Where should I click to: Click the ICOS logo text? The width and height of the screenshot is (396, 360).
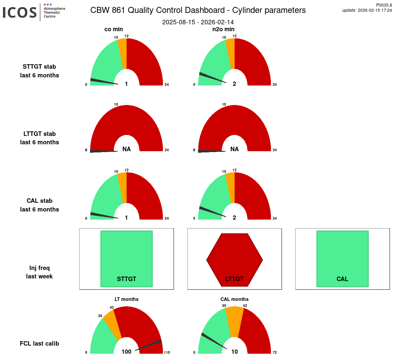[x=20, y=13]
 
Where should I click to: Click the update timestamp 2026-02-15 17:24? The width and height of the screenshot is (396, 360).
[x=375, y=10]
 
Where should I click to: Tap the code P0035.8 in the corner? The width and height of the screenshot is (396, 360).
[x=384, y=5]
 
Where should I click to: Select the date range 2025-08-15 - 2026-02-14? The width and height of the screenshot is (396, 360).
[x=198, y=22]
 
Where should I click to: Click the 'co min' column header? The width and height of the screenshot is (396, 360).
[x=114, y=29]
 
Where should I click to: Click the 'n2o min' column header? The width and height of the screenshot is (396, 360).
[x=223, y=29]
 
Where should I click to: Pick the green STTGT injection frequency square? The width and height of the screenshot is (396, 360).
[x=126, y=255]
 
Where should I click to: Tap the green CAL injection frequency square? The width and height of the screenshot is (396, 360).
[x=342, y=255]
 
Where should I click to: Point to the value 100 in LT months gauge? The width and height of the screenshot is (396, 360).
[x=126, y=352]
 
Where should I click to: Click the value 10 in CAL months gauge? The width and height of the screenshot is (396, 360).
[x=234, y=352]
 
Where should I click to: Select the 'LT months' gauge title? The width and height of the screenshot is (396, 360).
[x=126, y=299]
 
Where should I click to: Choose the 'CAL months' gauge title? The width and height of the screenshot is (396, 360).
[x=234, y=299]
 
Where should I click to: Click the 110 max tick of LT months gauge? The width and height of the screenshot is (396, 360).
[x=167, y=352]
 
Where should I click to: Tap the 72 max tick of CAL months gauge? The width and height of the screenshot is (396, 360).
[x=274, y=352]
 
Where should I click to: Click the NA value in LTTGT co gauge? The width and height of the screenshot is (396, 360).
[x=126, y=149]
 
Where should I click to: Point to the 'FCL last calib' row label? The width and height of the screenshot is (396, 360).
[x=39, y=343]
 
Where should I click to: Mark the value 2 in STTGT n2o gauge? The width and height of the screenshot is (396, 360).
[x=234, y=84]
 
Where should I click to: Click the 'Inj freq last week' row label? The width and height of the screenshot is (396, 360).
[x=39, y=272]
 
